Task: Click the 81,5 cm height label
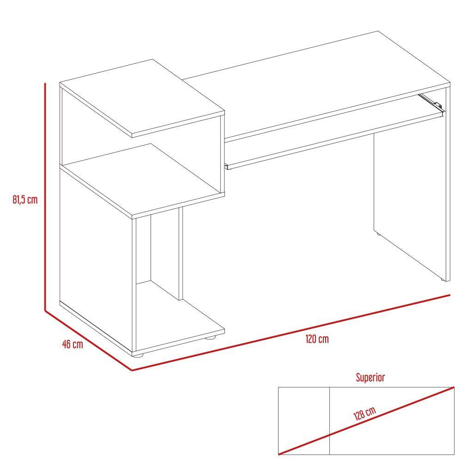(x=25, y=200)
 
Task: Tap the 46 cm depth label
(x=73, y=344)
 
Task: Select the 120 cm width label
(x=317, y=339)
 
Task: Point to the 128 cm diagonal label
(x=365, y=413)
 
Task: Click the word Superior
(x=370, y=377)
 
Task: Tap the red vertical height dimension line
(x=45, y=197)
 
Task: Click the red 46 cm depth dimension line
(x=88, y=340)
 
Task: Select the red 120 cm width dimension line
(x=291, y=333)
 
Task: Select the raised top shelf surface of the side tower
(x=142, y=96)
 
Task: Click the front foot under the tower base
(x=138, y=355)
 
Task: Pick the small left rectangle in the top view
(x=304, y=421)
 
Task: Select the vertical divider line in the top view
(x=329, y=421)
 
